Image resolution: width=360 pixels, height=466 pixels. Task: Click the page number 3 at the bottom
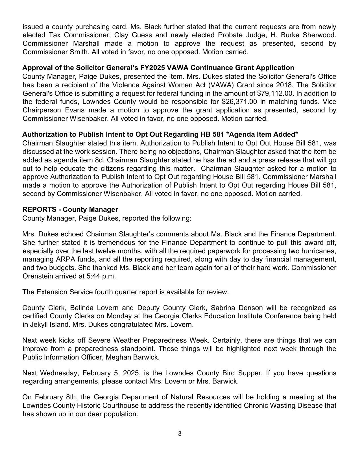coord(180,434)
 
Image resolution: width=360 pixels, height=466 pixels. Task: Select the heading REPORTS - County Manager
coord(70,210)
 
